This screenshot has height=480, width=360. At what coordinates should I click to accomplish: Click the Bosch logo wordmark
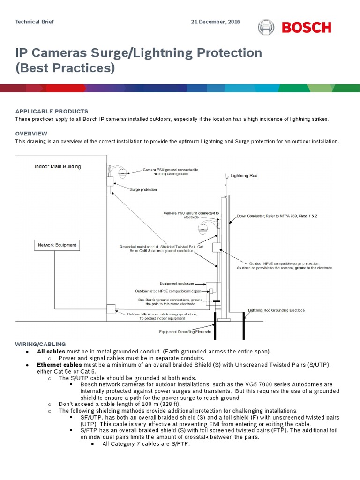306,28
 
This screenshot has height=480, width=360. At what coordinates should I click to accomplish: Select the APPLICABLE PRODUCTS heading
52,111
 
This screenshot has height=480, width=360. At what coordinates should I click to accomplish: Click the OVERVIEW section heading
31,134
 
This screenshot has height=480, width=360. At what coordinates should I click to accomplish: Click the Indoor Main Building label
58,166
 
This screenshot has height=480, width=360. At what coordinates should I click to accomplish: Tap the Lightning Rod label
244,176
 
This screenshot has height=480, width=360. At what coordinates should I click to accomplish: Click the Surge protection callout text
143,190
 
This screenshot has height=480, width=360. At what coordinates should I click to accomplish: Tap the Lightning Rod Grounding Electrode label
276,310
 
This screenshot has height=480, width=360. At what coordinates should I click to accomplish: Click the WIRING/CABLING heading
41,344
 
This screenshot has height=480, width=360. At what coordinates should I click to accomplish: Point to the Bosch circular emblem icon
266,28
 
